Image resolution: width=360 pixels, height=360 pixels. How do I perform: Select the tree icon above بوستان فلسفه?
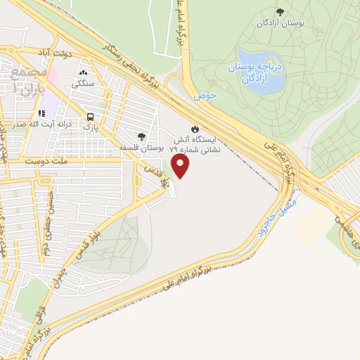[141, 136]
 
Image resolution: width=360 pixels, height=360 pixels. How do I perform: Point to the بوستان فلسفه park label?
[142, 149]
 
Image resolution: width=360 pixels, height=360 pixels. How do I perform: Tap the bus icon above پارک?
[89, 117]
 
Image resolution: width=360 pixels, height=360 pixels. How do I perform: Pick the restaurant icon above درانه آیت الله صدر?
[41, 112]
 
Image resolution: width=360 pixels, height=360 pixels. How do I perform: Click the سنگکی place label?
[83, 83]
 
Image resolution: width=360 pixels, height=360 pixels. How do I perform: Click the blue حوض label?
[205, 94]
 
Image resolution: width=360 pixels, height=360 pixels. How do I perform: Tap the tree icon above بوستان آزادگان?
[280, 12]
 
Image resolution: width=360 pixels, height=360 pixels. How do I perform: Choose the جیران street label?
[58, 278]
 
